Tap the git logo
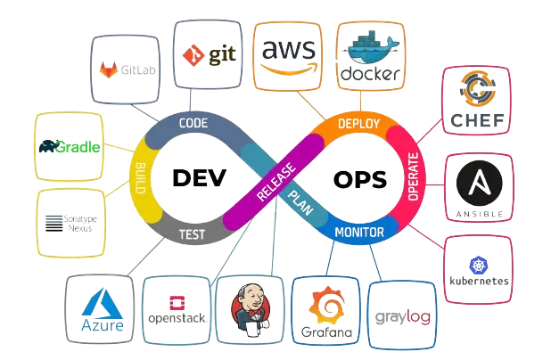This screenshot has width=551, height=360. (208, 54)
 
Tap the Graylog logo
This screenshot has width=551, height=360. (404, 313)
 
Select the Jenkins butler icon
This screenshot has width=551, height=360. (252, 309)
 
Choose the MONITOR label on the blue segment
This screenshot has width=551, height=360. (358, 233)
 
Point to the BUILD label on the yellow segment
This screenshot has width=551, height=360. (140, 178)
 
